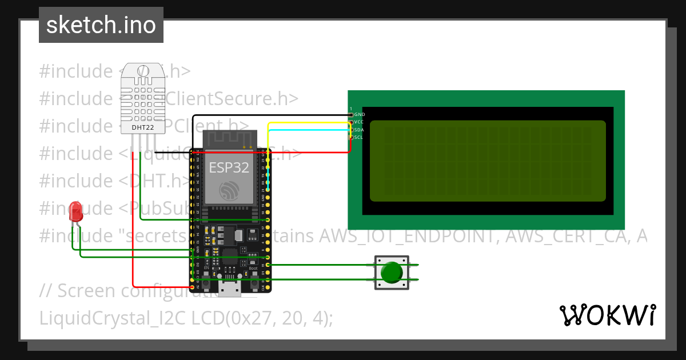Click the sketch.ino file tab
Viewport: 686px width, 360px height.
[101, 25]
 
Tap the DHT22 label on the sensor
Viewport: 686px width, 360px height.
[142, 127]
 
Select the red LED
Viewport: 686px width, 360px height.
[75, 213]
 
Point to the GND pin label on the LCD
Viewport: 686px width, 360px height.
[360, 114]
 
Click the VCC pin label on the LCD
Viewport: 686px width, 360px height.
[359, 122]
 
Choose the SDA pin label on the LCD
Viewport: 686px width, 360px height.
[359, 130]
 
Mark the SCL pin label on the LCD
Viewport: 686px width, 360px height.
[359, 137]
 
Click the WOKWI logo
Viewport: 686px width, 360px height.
[607, 315]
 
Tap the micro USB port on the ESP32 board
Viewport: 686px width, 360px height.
[230, 290]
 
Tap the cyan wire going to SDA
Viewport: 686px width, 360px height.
[309, 130]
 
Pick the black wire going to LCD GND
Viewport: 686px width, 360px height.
[309, 115]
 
